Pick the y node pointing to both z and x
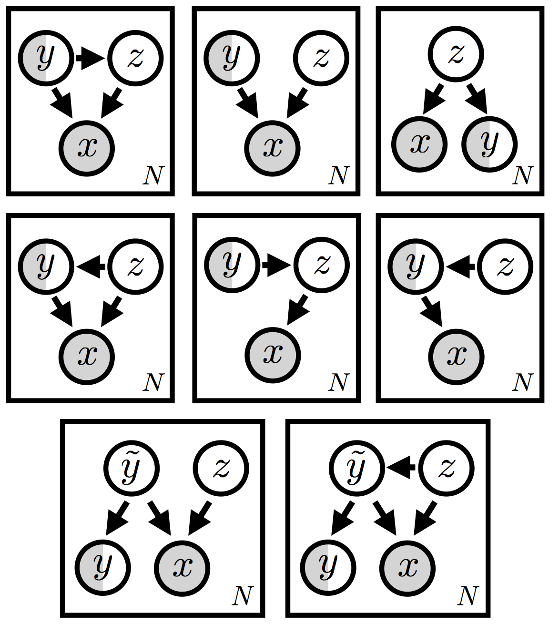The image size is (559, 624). point(46,58)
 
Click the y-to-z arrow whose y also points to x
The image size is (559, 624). point(91,58)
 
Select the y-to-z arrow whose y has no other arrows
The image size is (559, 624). point(276,266)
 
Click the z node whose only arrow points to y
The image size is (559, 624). point(505,266)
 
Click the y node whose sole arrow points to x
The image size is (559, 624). point(232,58)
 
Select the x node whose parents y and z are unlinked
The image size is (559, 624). point(273,148)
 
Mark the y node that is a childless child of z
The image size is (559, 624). point(489,143)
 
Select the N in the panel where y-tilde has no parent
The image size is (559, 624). point(242,596)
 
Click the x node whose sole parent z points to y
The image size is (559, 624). point(419,143)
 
